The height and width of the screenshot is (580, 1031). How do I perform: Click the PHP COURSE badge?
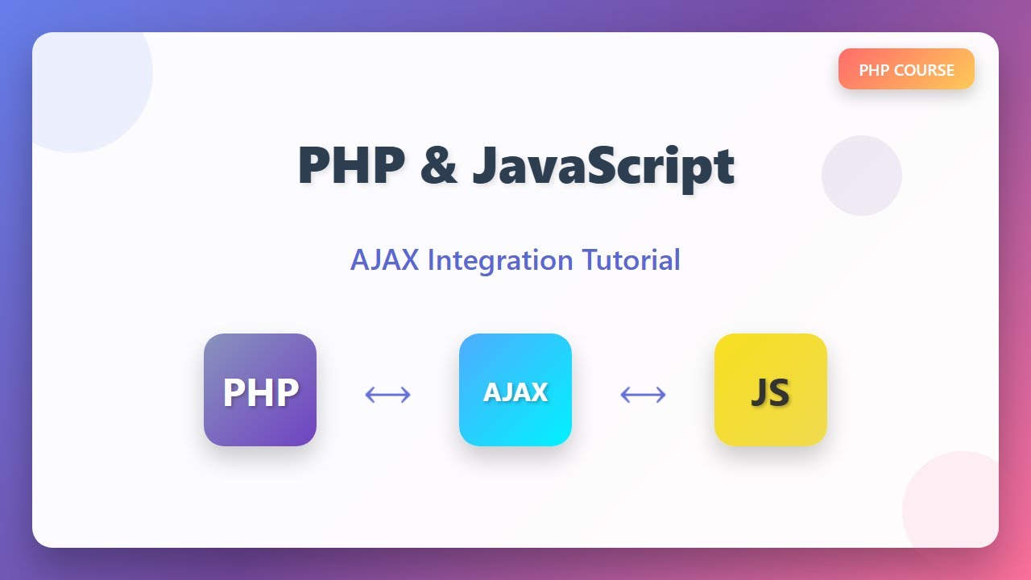[x=906, y=69]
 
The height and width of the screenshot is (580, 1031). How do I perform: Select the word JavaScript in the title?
[x=603, y=168]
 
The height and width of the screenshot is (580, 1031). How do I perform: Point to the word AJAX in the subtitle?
[x=384, y=260]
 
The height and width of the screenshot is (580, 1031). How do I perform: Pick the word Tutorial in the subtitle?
[x=631, y=260]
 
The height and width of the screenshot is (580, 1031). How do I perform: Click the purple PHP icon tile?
[x=260, y=390]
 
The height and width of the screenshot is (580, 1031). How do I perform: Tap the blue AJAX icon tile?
[x=515, y=390]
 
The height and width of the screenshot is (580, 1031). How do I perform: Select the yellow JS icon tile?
[x=771, y=390]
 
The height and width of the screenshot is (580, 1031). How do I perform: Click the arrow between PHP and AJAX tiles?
[x=387, y=395]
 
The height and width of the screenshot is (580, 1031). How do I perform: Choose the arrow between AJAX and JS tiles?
[x=643, y=395]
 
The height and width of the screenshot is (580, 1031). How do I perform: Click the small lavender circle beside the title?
[x=862, y=176]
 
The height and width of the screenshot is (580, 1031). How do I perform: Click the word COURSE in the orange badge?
[x=924, y=70]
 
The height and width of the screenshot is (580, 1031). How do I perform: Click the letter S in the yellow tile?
[x=780, y=392]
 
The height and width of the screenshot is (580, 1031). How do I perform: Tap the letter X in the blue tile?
[x=539, y=392]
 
